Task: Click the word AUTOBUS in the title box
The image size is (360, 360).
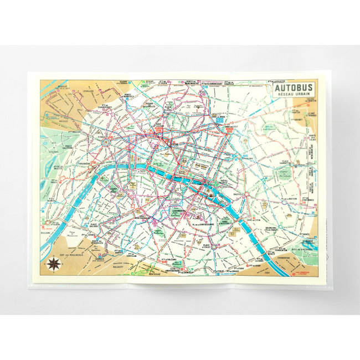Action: pyautogui.click(x=294, y=87)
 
